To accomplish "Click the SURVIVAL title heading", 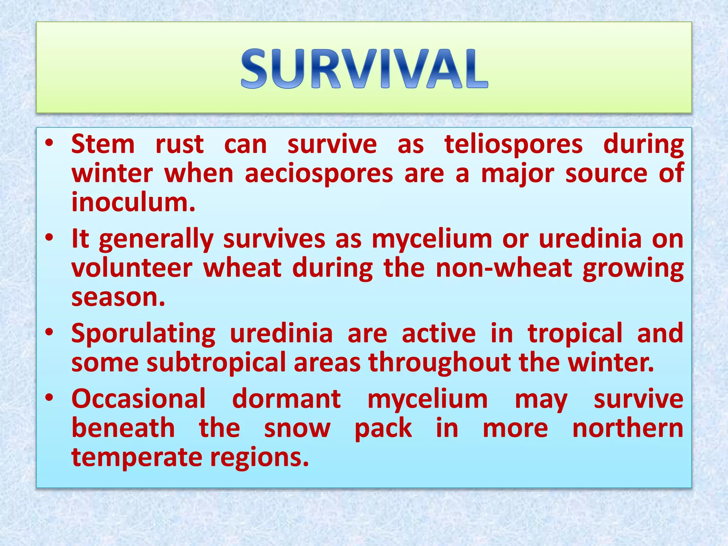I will coord(364,68).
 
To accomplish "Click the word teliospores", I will coord(513,145).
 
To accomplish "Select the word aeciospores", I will coord(319,174).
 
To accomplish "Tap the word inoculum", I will coord(133,202).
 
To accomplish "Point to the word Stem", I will coord(103,145).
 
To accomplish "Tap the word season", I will coord(118,297).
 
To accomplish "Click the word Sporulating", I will coord(143,333).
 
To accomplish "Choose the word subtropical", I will coord(216,363).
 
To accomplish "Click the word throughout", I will coord(440,363).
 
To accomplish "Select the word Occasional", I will coord(139,399).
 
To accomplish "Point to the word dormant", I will coord(287,399).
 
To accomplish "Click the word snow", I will coord(297,428).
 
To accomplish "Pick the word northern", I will coord(628,428).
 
